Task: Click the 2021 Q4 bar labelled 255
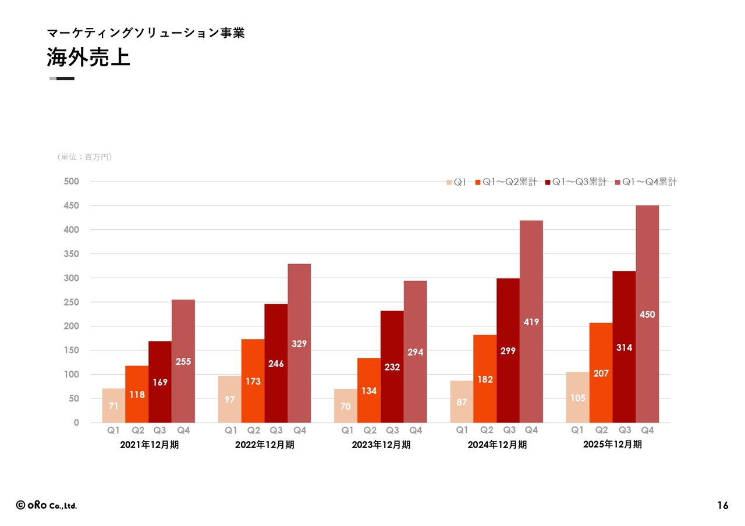coord(183,361)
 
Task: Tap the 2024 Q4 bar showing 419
coord(531,321)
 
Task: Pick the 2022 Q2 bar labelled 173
coord(253,381)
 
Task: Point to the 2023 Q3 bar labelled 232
coord(392,367)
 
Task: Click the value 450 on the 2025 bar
coord(647,314)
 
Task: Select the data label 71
coord(113,406)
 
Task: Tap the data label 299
coord(508,351)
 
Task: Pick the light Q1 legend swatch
coord(449,182)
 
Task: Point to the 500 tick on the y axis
coord(72,182)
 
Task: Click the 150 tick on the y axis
coord(72,350)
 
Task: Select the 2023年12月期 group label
coord(381,445)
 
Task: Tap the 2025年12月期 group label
coord(612,445)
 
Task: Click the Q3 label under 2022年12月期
coord(276,431)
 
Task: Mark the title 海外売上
coord(88,58)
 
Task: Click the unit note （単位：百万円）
coord(84,157)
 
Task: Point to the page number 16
coord(722,506)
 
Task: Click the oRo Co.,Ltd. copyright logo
coord(47,505)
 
